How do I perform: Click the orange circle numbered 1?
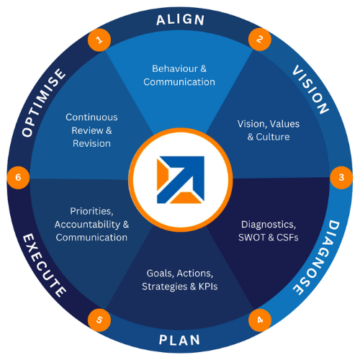click(x=99, y=40)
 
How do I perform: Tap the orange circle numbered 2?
click(x=260, y=40)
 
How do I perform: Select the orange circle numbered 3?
click(x=341, y=178)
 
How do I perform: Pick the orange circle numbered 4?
click(x=260, y=320)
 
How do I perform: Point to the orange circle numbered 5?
click(x=99, y=320)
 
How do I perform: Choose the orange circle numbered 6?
click(x=18, y=178)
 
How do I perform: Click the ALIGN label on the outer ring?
click(x=180, y=19)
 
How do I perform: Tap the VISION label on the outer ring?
click(x=310, y=89)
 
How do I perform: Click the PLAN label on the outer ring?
click(x=179, y=340)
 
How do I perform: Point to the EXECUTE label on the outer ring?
click(x=44, y=266)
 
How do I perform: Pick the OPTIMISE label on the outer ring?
click(x=43, y=103)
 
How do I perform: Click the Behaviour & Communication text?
click(x=179, y=76)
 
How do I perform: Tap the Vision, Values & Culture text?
click(x=269, y=130)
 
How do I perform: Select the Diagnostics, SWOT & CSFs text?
click(x=269, y=231)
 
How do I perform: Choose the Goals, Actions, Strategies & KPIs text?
click(x=180, y=280)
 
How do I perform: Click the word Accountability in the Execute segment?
click(x=87, y=225)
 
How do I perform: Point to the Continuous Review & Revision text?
click(x=91, y=130)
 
